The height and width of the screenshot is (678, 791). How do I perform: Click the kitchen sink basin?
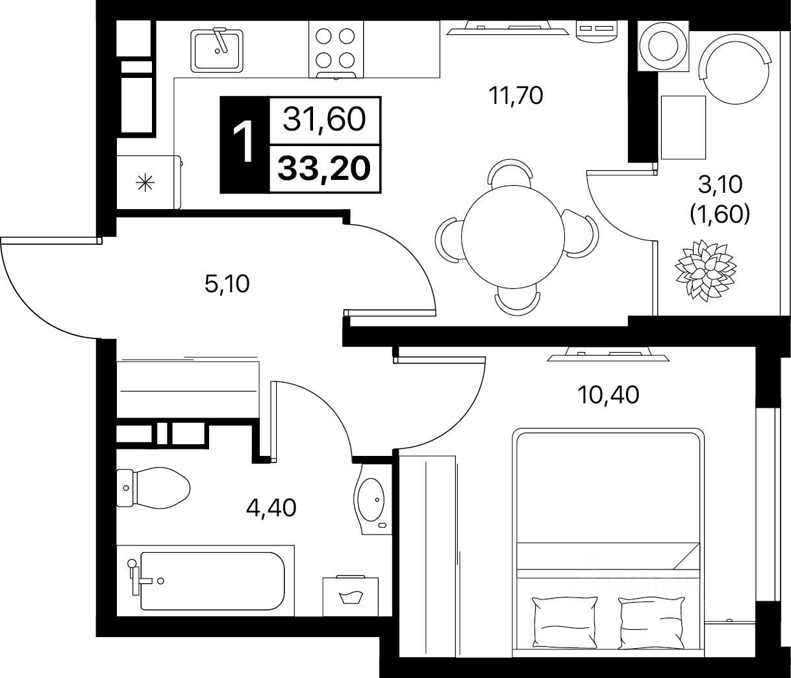tap(217, 51)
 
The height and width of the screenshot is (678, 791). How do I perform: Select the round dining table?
tap(513, 236)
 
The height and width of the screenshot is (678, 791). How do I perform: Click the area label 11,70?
tap(516, 95)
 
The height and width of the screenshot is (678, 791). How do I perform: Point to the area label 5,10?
tap(227, 284)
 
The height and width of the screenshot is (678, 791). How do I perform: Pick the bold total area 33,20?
tap(325, 169)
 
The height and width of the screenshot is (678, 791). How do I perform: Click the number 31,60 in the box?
tap(325, 119)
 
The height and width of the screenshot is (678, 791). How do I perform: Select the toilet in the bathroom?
tap(153, 488)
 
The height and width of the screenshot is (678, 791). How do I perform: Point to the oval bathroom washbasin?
tap(370, 499)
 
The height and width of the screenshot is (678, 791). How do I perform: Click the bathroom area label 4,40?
tap(271, 508)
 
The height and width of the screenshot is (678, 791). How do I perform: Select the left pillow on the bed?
tap(565, 623)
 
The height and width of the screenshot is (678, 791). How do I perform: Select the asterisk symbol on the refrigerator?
tap(145, 183)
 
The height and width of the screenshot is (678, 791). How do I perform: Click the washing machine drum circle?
tap(663, 46)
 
